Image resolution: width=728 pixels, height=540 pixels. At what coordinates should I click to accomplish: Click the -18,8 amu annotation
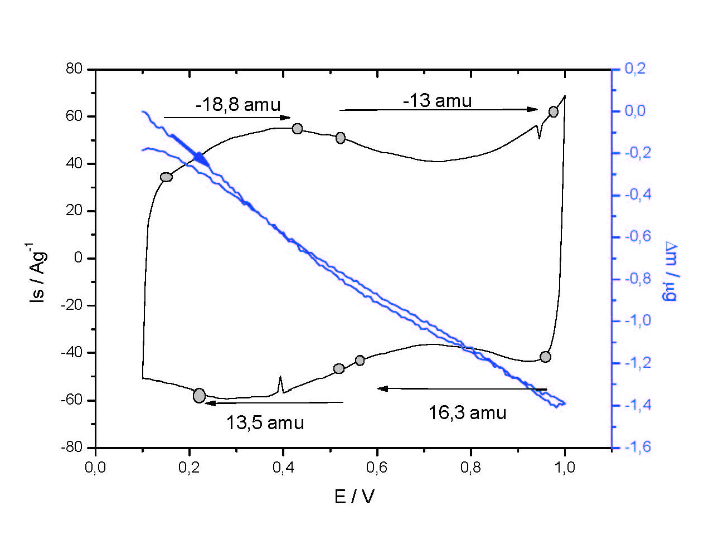tap(238, 104)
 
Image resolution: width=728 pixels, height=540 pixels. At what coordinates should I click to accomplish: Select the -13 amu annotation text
tap(437, 101)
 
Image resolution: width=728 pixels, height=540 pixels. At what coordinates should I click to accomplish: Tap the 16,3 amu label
tap(467, 413)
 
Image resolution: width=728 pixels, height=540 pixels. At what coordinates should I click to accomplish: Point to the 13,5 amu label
tap(265, 422)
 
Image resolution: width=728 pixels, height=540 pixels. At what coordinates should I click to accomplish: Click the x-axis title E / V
tap(354, 496)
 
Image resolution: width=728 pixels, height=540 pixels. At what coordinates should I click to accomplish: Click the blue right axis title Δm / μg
tap(670, 271)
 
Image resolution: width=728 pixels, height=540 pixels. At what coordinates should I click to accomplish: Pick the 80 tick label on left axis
tap(74, 69)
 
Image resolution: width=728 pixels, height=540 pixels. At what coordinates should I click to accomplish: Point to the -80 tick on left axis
tap(71, 447)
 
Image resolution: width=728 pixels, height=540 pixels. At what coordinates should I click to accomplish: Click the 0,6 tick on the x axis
tap(377, 467)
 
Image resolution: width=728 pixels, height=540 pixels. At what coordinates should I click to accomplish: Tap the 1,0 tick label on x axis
tap(565, 467)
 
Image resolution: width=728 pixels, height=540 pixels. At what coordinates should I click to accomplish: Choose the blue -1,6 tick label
tap(637, 447)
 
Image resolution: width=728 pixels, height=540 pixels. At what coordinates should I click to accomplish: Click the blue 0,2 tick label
tap(635, 69)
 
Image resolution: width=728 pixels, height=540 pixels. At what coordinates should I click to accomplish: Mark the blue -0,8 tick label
tap(637, 279)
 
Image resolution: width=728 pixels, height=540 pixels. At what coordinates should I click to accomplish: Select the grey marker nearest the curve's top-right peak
tap(553, 111)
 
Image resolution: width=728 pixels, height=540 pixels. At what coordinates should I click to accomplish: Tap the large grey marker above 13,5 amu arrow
tap(199, 396)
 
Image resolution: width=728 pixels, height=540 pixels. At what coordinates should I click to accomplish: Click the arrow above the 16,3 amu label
tap(462, 388)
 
